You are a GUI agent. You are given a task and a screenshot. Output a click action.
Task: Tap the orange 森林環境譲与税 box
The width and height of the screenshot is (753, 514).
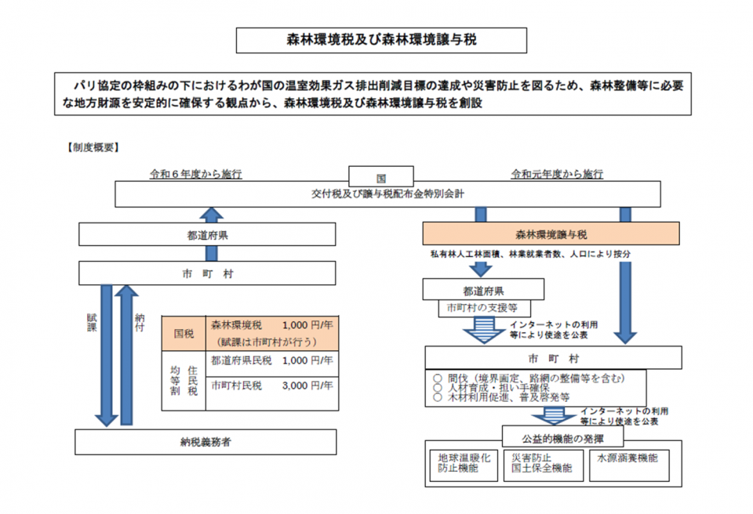point(551,233)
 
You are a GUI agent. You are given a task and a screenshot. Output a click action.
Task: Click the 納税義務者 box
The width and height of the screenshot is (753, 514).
point(206,442)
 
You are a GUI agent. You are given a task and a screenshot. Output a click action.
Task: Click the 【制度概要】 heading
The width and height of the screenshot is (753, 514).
point(92,145)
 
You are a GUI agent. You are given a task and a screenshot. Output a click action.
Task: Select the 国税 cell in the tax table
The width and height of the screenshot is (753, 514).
point(184,333)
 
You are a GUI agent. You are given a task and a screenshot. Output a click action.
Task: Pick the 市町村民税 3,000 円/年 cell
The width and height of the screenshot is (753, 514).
point(271,385)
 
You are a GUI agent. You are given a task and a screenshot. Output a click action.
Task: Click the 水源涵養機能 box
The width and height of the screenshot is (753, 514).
point(627,458)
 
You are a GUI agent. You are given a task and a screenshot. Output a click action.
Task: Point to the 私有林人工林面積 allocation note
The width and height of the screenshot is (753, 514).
point(530,255)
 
